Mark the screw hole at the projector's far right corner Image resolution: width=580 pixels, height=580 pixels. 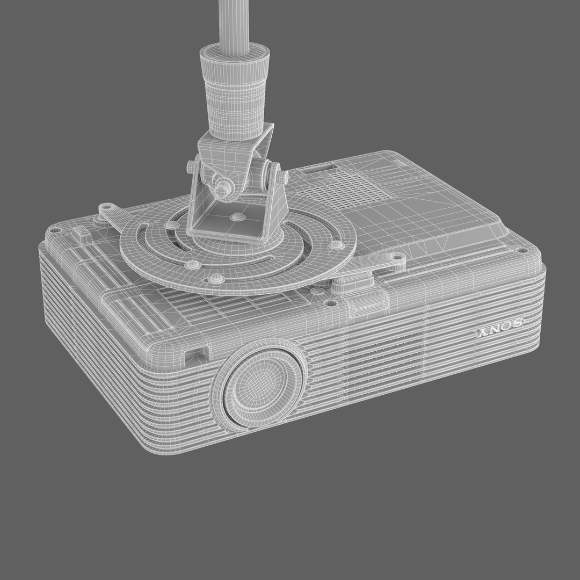coord(521,250)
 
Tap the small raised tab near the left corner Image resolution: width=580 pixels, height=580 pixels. coord(81,232)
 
